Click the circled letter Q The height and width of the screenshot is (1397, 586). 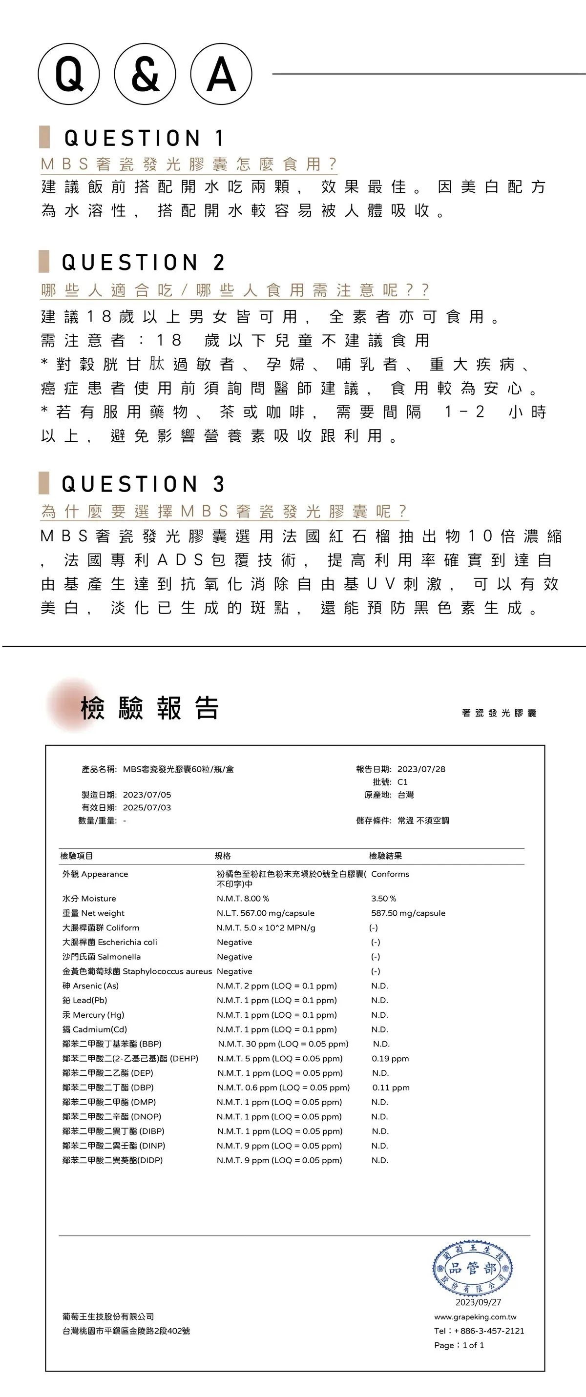[x=69, y=74]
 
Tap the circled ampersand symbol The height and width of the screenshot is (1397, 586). [x=145, y=74]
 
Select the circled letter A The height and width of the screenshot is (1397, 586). [x=221, y=74]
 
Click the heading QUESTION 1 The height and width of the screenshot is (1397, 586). [x=144, y=138]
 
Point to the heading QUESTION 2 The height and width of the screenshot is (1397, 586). [x=143, y=263]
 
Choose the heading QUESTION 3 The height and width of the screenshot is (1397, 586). [x=143, y=484]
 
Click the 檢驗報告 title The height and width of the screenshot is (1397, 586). [x=150, y=708]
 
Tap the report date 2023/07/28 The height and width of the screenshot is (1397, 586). [x=421, y=769]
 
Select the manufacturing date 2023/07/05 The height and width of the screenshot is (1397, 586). [x=146, y=795]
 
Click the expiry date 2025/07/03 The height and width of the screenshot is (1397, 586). [x=146, y=807]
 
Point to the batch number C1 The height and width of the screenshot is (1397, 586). [x=402, y=782]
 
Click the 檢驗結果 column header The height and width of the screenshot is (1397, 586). [x=385, y=856]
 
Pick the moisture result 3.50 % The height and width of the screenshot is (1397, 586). [x=384, y=899]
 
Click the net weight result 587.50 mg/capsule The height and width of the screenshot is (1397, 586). [x=408, y=913]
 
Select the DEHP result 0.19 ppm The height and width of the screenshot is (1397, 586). [x=390, y=1059]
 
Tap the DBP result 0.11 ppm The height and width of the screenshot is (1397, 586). [x=391, y=1088]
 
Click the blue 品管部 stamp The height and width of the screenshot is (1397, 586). [x=473, y=1268]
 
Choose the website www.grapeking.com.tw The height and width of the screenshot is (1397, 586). [x=475, y=1317]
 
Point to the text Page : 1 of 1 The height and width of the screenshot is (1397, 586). [x=459, y=1345]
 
